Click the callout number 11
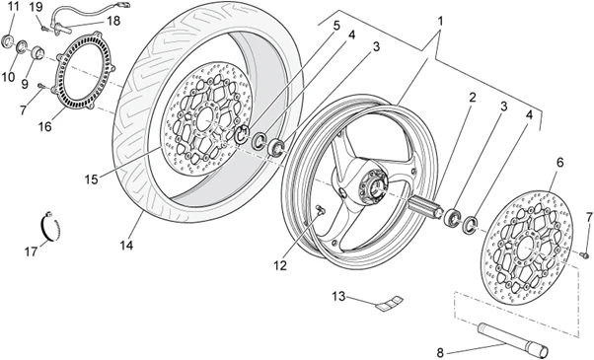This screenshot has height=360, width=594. pyautogui.click(x=13, y=7)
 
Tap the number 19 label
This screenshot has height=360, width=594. pyautogui.click(x=37, y=7)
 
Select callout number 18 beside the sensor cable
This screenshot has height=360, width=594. pyautogui.click(x=113, y=21)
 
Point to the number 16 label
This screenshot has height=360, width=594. pyautogui.click(x=44, y=126)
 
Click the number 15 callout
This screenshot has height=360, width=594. pyautogui.click(x=91, y=180)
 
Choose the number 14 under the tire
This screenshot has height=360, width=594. pyautogui.click(x=126, y=246)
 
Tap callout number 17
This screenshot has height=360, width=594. pyautogui.click(x=31, y=252)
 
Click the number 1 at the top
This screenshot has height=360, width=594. pyautogui.click(x=440, y=21)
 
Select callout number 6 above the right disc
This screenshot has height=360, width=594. pyautogui.click(x=559, y=163)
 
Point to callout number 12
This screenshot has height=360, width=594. pyautogui.click(x=280, y=265)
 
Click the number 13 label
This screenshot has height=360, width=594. pyautogui.click(x=339, y=297)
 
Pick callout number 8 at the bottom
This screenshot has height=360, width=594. pyautogui.click(x=440, y=353)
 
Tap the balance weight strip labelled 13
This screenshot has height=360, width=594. pyautogui.click(x=390, y=303)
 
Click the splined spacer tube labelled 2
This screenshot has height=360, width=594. pyautogui.click(x=426, y=207)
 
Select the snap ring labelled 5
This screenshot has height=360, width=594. pyautogui.click(x=242, y=134)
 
